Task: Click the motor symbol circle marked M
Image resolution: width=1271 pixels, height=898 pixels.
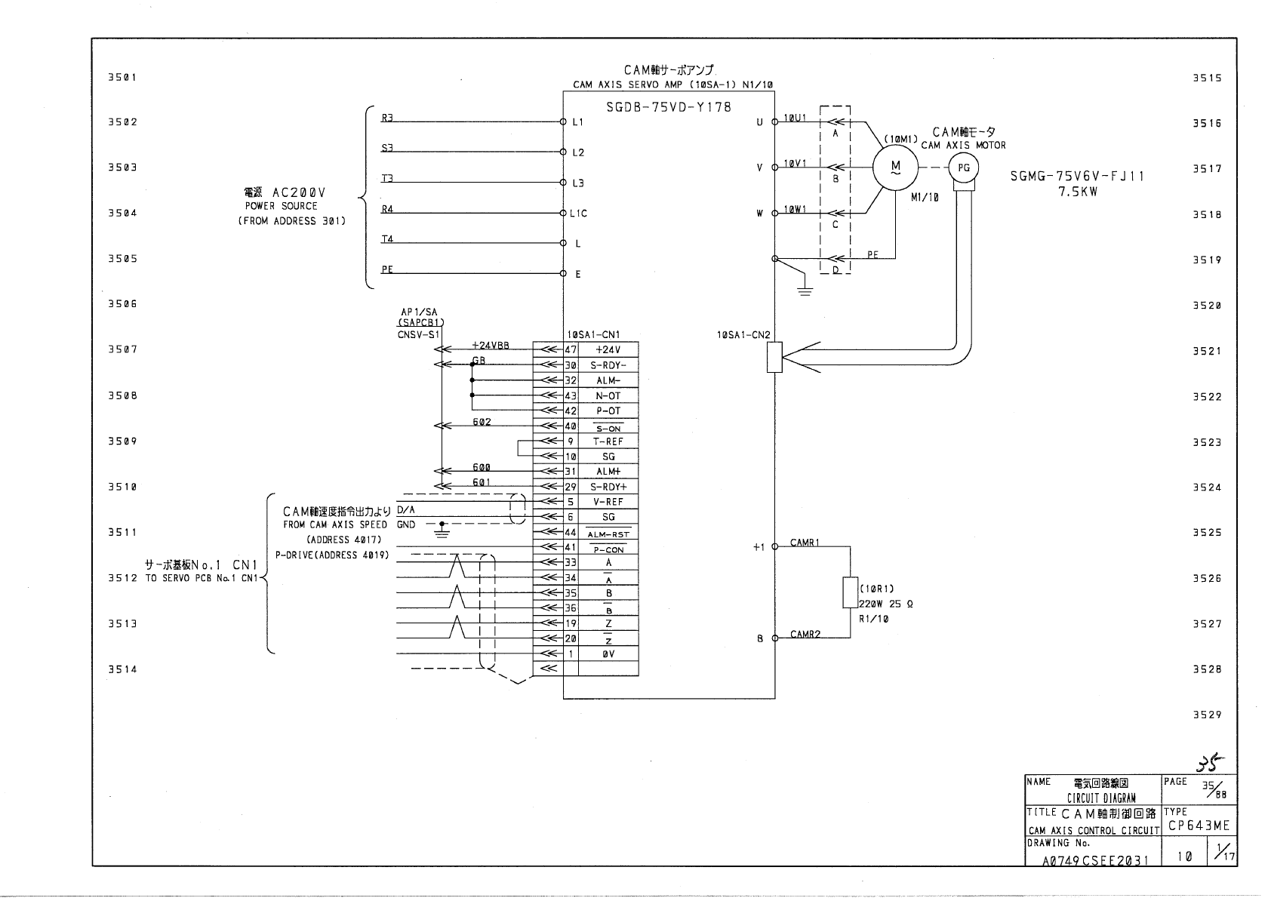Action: pos(895,168)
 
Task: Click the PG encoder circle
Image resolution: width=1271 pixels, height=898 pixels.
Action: pos(964,168)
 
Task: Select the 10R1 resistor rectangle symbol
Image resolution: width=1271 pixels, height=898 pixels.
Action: pos(850,592)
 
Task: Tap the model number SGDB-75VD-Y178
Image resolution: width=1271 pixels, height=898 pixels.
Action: pos(669,107)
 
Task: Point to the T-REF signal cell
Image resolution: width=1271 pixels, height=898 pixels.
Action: pos(608,441)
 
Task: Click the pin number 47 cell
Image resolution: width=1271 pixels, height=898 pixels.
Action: pos(571,349)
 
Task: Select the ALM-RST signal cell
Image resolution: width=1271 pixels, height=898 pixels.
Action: pos(608,532)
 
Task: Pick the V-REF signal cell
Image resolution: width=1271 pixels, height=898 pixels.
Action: pos(608,502)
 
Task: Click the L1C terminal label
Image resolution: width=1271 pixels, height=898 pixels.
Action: pos(578,214)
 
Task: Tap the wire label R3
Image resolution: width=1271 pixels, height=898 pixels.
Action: pos(387,118)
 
